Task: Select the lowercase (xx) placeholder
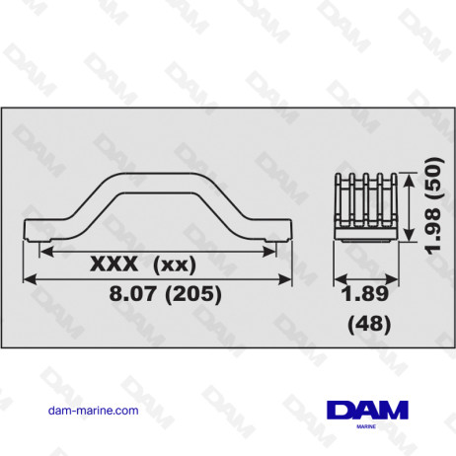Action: pyautogui.click(x=177, y=264)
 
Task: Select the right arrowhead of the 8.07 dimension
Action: pyautogui.click(x=290, y=279)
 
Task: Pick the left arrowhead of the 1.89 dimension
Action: pyautogui.click(x=335, y=278)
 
